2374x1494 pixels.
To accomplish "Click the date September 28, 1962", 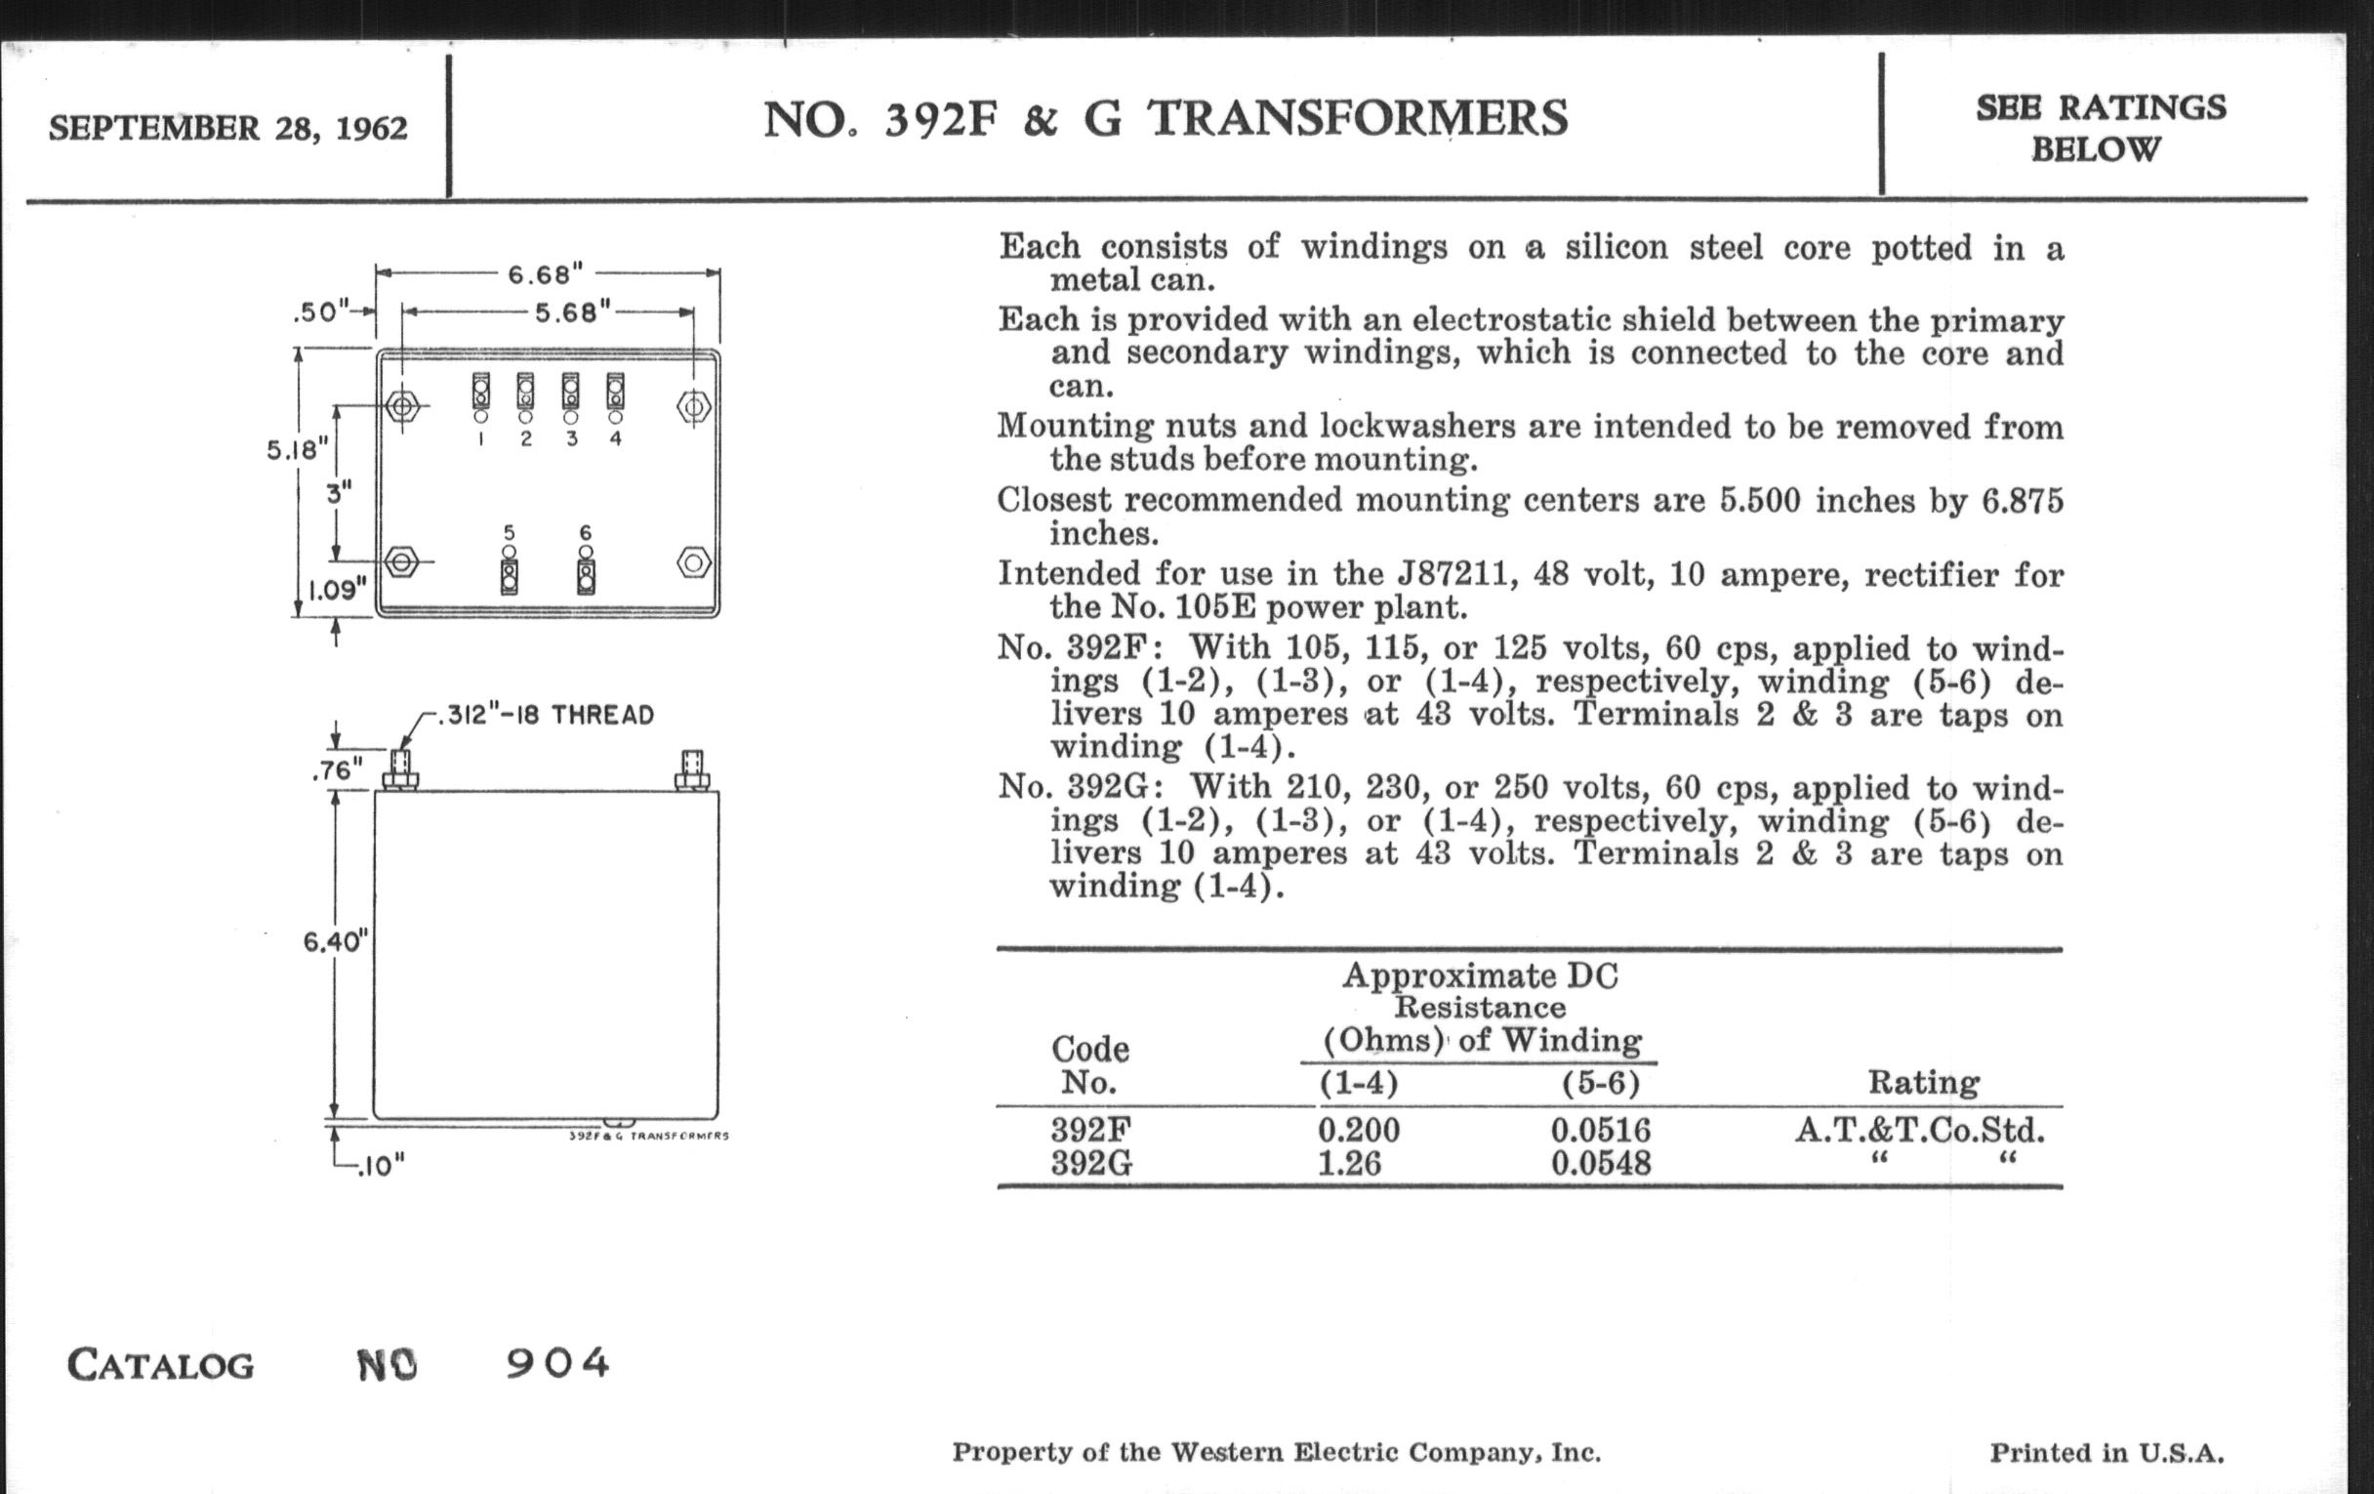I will [227, 128].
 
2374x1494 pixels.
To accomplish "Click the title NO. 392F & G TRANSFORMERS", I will [1165, 118].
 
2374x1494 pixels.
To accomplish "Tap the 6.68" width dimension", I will [546, 273].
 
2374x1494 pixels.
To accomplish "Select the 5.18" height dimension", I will [296, 450].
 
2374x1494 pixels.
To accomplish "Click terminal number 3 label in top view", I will [571, 438].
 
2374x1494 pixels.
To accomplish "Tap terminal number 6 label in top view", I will [586, 532].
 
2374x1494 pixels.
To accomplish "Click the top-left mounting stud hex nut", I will [402, 405].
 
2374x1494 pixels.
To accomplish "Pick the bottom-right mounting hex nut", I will [693, 563].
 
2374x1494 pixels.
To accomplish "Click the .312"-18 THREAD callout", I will [551, 715].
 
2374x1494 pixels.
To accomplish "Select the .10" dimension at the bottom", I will [381, 1167].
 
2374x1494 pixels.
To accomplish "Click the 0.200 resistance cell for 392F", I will [1359, 1129].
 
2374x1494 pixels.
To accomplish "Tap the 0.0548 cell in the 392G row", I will [1600, 1164].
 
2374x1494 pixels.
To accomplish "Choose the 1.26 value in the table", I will [1349, 1164].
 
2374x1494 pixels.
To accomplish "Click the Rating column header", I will [1922, 1082].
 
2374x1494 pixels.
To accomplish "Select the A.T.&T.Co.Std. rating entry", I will [1919, 1129].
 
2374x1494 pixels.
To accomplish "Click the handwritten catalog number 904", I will [558, 1363].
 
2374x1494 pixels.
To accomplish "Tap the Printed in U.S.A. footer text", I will [2107, 1453].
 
